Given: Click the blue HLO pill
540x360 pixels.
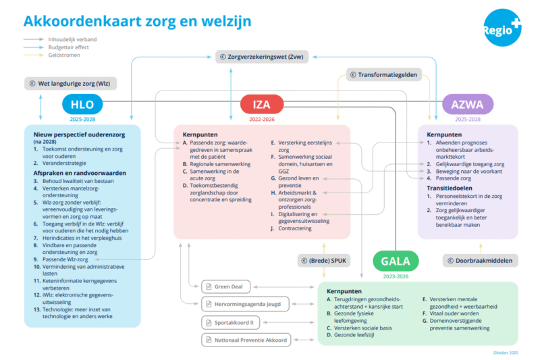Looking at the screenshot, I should tap(82, 104).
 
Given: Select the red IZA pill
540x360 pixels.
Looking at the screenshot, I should tap(262, 104).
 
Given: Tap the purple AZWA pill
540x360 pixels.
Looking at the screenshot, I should tap(467, 104).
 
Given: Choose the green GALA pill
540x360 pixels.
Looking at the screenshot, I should tap(396, 261).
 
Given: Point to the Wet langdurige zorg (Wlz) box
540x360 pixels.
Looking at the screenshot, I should tap(70, 84).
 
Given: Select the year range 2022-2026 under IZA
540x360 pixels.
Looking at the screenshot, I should tap(262, 119).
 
